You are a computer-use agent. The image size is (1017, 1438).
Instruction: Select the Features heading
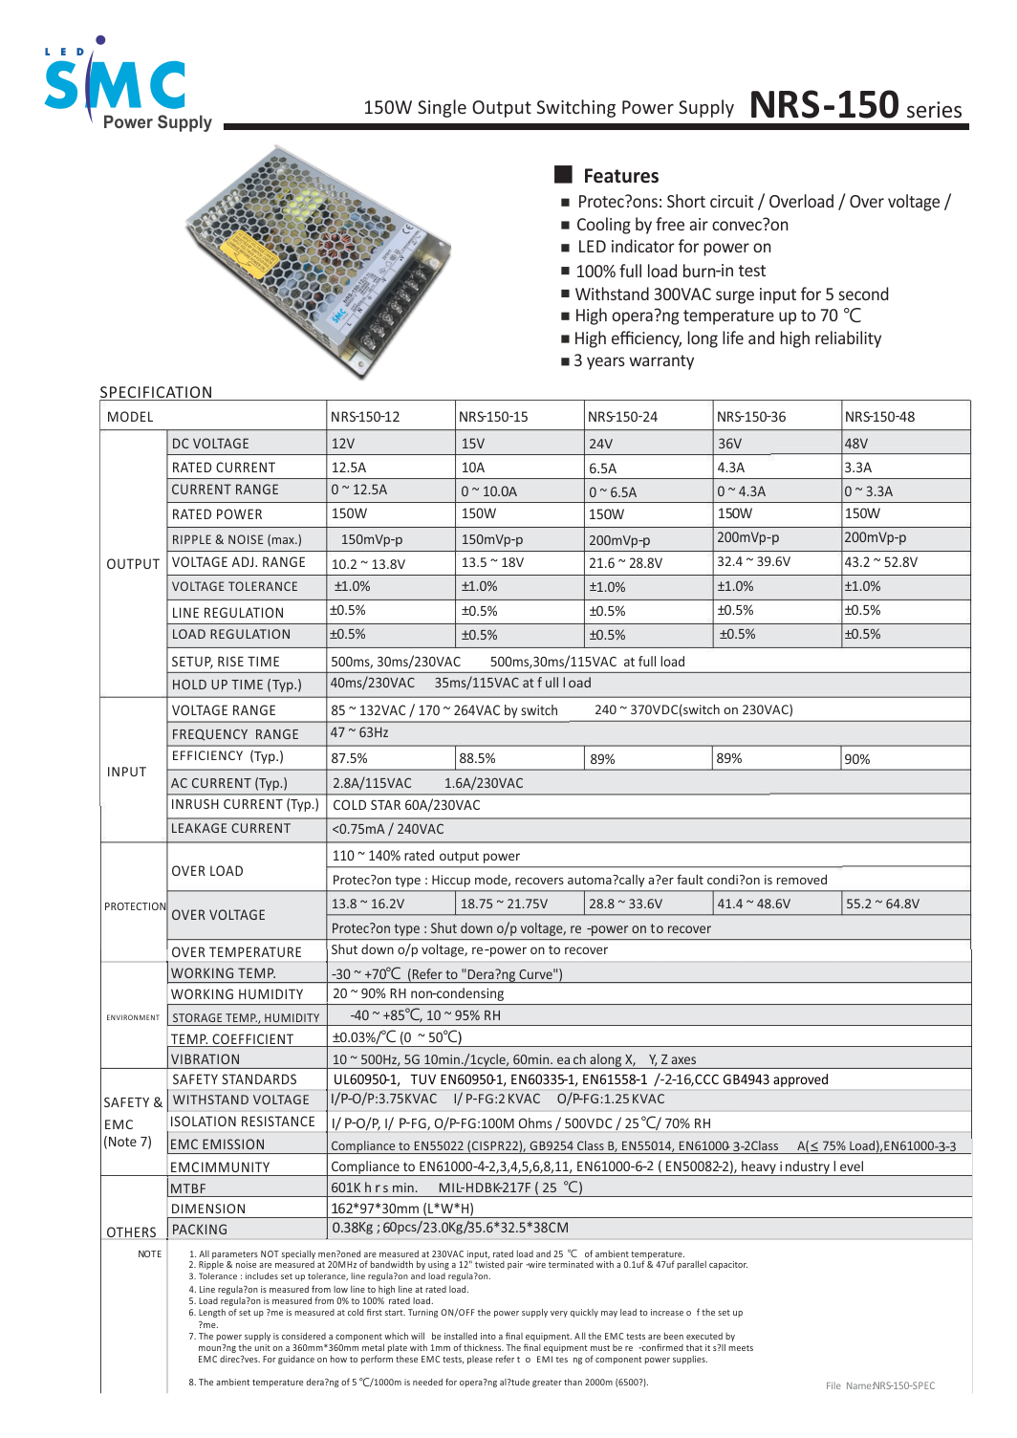coord(620,176)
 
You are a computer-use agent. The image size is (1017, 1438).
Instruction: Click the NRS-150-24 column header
coord(622,417)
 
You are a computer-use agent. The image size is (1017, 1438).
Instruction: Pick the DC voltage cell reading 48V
coord(856,444)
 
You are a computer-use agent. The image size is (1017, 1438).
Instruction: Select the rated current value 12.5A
coord(349,468)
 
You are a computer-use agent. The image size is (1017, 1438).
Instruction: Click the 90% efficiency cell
coord(857,759)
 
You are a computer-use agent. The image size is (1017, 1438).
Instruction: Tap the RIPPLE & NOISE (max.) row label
coord(236,539)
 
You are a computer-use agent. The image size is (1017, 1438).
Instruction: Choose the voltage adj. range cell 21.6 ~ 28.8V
coord(625,563)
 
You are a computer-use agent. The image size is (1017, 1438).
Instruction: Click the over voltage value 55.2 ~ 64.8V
coord(882,904)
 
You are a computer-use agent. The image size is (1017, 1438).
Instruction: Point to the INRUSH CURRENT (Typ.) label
coord(245,805)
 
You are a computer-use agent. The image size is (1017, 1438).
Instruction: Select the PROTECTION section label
coord(135,906)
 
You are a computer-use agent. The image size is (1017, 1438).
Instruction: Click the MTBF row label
coord(188,1188)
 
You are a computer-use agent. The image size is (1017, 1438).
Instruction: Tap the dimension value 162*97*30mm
coord(401,1209)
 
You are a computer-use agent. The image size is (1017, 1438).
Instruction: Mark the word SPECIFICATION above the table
coord(156,393)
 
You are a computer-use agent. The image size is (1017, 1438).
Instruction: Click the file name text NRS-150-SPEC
coord(880,1385)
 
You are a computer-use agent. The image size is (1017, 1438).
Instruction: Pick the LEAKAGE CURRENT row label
coord(230,829)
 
